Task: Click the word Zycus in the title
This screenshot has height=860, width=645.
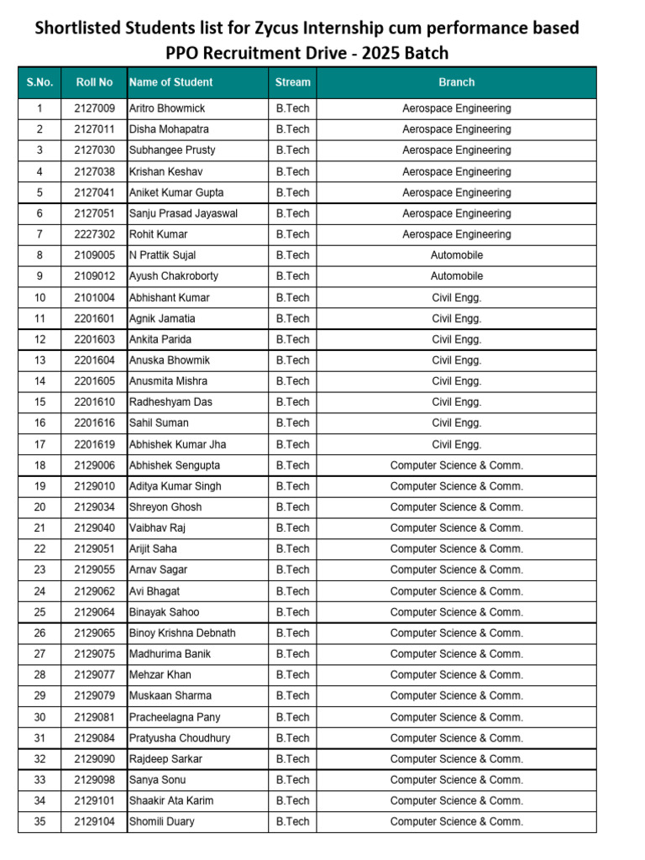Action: (x=276, y=28)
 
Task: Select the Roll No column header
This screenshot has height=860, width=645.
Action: (x=94, y=82)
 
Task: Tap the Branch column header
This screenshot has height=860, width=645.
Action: (x=456, y=82)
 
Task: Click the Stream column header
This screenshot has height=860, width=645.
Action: (x=292, y=82)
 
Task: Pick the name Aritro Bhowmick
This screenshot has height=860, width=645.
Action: (x=167, y=108)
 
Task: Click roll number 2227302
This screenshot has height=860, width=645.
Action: (x=94, y=234)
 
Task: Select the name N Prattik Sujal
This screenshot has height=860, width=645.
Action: (x=162, y=255)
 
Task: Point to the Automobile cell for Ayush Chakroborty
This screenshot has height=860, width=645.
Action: (x=456, y=276)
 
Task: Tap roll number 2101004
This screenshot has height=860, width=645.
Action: (x=94, y=297)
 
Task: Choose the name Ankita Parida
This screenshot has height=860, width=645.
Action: (x=160, y=339)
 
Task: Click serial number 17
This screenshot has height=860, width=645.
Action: (x=39, y=444)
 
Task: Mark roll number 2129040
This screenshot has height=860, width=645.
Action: (x=94, y=528)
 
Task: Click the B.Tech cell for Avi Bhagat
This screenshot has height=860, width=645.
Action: (x=292, y=591)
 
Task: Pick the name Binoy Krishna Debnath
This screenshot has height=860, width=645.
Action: (x=182, y=633)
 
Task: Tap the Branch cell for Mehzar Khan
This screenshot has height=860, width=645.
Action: (x=456, y=675)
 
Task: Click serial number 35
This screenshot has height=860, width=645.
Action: (x=39, y=822)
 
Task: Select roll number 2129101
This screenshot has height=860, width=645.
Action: (x=94, y=801)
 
